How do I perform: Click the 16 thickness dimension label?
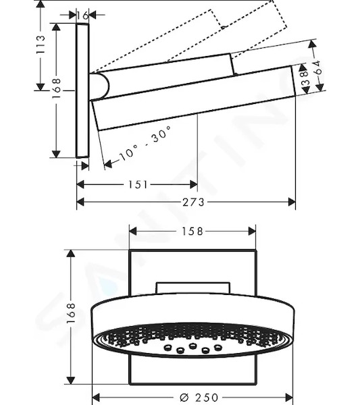[x=82, y=16]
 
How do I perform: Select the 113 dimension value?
[x=41, y=45]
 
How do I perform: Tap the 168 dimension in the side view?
[x=56, y=88]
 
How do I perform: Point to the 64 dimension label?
[x=319, y=67]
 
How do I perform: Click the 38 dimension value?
[x=305, y=78]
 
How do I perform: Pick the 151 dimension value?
[x=138, y=185]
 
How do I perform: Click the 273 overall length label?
[x=193, y=202]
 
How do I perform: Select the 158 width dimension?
[x=192, y=231]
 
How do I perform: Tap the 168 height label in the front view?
[x=70, y=313]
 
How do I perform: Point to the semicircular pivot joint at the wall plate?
[x=101, y=86]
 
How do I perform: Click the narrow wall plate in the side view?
[x=82, y=90]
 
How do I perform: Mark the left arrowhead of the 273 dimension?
[x=80, y=202]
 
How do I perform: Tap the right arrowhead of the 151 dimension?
[x=194, y=185]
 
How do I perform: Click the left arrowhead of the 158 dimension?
[x=133, y=231]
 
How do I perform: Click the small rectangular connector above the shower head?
[x=192, y=288]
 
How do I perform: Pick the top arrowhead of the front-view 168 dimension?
[x=70, y=254]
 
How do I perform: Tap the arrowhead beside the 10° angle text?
[x=108, y=164]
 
